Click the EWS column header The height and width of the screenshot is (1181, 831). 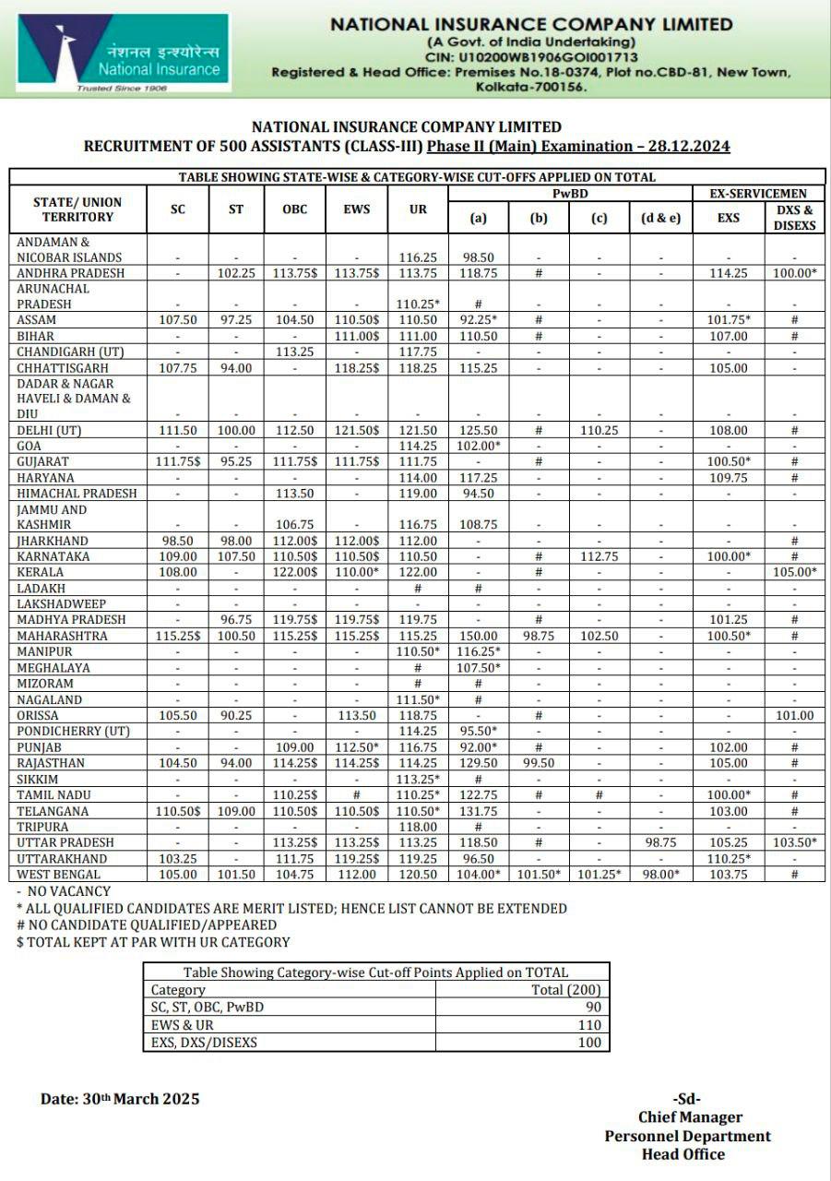pos(356,209)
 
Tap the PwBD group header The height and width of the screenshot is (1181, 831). pos(570,193)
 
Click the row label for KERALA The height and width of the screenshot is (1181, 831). pos(41,572)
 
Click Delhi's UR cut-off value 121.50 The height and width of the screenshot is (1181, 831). pos(418,430)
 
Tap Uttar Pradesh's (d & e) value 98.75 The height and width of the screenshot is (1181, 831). pos(660,842)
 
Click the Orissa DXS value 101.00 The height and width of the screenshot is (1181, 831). pos(794,715)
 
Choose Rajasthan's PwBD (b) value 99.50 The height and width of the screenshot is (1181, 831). pos(539,763)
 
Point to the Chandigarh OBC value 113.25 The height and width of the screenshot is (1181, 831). pos(294,352)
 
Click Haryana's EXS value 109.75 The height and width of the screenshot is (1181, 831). pos(729,477)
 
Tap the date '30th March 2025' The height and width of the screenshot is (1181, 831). pos(120,1099)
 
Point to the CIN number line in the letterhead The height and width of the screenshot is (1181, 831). pos(530,57)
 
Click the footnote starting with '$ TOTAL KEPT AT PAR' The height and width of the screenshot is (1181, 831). pos(153,942)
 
